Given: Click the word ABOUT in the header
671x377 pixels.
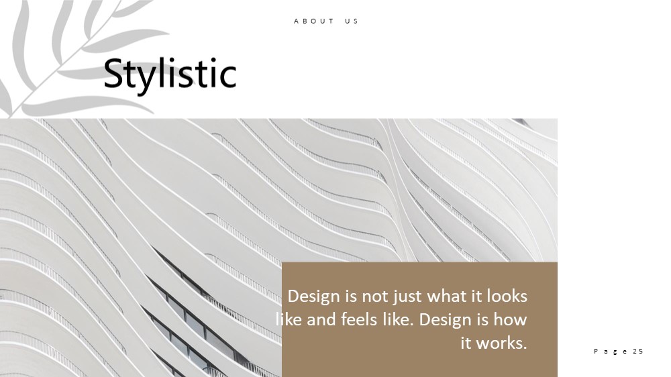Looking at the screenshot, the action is (313, 21).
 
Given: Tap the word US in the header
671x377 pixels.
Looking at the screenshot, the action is (352, 21).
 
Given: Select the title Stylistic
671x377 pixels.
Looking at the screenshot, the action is (170, 73).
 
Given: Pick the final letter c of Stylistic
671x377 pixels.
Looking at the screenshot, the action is (229, 77).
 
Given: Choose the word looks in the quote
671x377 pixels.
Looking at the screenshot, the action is (507, 296).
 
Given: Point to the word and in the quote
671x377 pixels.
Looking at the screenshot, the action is (321, 319).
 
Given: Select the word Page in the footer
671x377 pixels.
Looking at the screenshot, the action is (611, 352).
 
